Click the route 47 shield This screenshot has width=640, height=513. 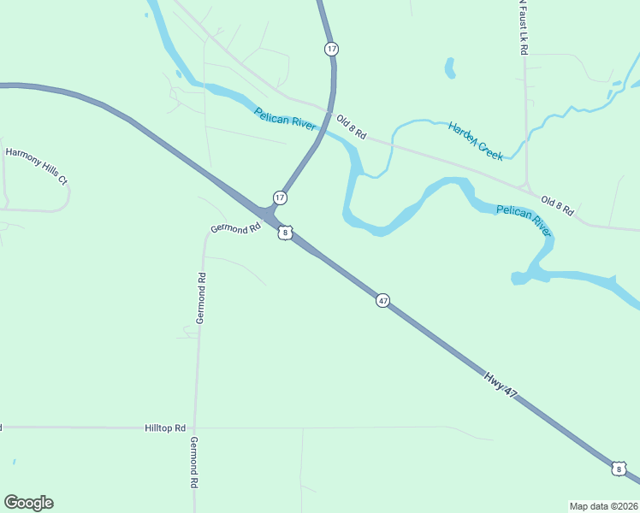[382, 300]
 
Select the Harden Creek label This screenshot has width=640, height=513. [475, 141]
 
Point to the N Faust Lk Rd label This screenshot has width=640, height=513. [523, 27]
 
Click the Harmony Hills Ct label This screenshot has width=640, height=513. [36, 166]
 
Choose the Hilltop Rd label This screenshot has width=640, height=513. [165, 427]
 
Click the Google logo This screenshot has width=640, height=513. [28, 503]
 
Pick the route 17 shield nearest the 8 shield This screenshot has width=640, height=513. [280, 198]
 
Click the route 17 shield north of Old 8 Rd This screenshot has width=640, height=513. [331, 49]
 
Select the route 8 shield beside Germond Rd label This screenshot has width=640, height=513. [285, 232]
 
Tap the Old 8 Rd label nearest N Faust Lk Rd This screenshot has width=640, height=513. [557, 205]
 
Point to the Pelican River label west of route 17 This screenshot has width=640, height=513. [285, 120]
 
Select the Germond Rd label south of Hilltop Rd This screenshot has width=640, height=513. [194, 462]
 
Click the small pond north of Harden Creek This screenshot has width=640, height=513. [449, 68]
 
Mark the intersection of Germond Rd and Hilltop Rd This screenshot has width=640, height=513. [195, 427]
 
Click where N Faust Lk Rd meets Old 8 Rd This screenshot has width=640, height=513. [526, 187]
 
